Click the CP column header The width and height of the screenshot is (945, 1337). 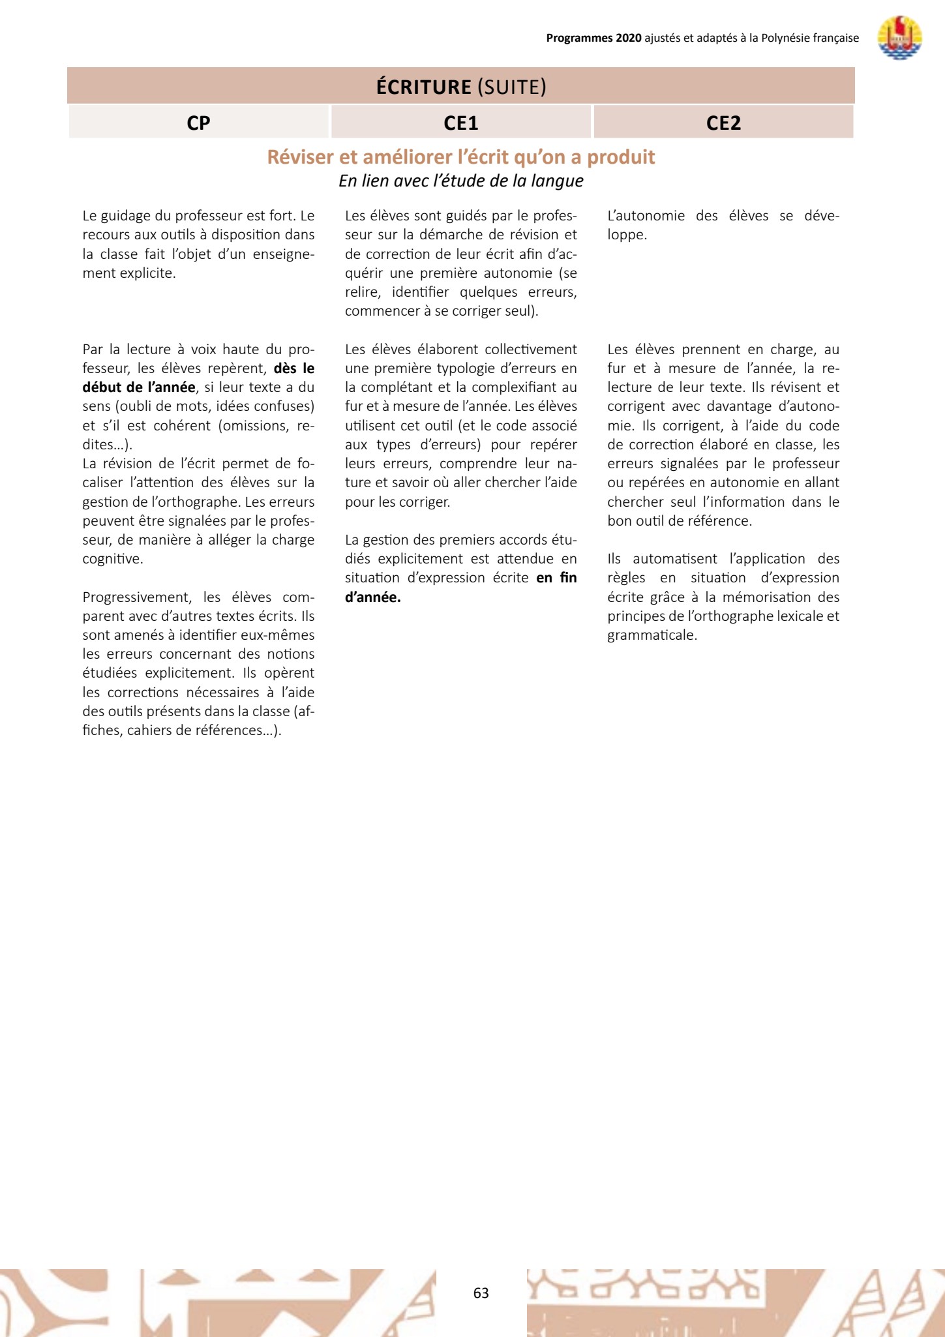tap(198, 123)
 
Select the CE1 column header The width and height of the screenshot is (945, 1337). tap(460, 123)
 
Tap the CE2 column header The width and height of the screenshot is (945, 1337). tap(723, 123)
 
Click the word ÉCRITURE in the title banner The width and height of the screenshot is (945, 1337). tap(423, 87)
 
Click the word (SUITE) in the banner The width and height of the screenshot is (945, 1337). tap(512, 87)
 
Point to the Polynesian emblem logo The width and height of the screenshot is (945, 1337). tap(899, 38)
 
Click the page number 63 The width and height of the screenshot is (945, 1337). tap(481, 1293)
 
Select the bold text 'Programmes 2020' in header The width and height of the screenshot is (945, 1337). tap(593, 38)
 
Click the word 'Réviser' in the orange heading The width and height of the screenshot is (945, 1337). tap(301, 157)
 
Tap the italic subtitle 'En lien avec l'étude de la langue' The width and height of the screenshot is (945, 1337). tap(460, 181)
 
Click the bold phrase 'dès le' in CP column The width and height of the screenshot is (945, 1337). tap(294, 368)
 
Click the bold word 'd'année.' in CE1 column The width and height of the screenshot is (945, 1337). tap(372, 597)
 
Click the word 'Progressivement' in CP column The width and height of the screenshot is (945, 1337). tap(137, 597)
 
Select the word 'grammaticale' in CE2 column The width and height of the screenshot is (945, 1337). tap(650, 635)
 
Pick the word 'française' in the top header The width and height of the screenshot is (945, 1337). tap(831, 38)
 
